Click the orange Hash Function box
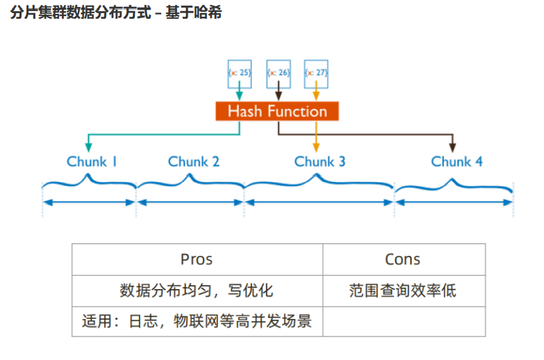point(277,112)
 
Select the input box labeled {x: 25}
point(240,72)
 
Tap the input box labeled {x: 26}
point(278,72)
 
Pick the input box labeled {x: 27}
point(316,72)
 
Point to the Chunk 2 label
point(194,162)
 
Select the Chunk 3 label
point(320,162)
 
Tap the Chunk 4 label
point(456,162)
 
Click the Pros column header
point(197,259)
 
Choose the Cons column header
point(403,259)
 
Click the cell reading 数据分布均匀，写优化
point(197,291)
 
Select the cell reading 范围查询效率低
point(403,291)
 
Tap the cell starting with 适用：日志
point(197,322)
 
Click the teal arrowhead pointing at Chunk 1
point(88,146)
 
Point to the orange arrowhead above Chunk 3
point(316,146)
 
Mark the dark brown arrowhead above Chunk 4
point(452,146)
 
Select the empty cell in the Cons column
point(403,322)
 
